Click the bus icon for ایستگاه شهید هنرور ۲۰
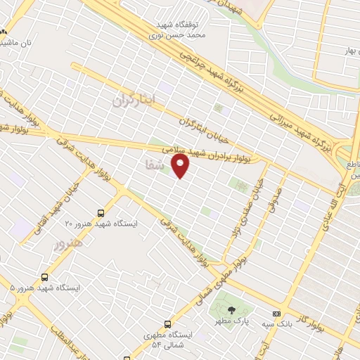[101, 212]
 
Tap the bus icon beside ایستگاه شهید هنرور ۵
[46, 277]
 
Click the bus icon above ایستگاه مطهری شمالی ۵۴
[167, 324]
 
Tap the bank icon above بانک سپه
[276, 314]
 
